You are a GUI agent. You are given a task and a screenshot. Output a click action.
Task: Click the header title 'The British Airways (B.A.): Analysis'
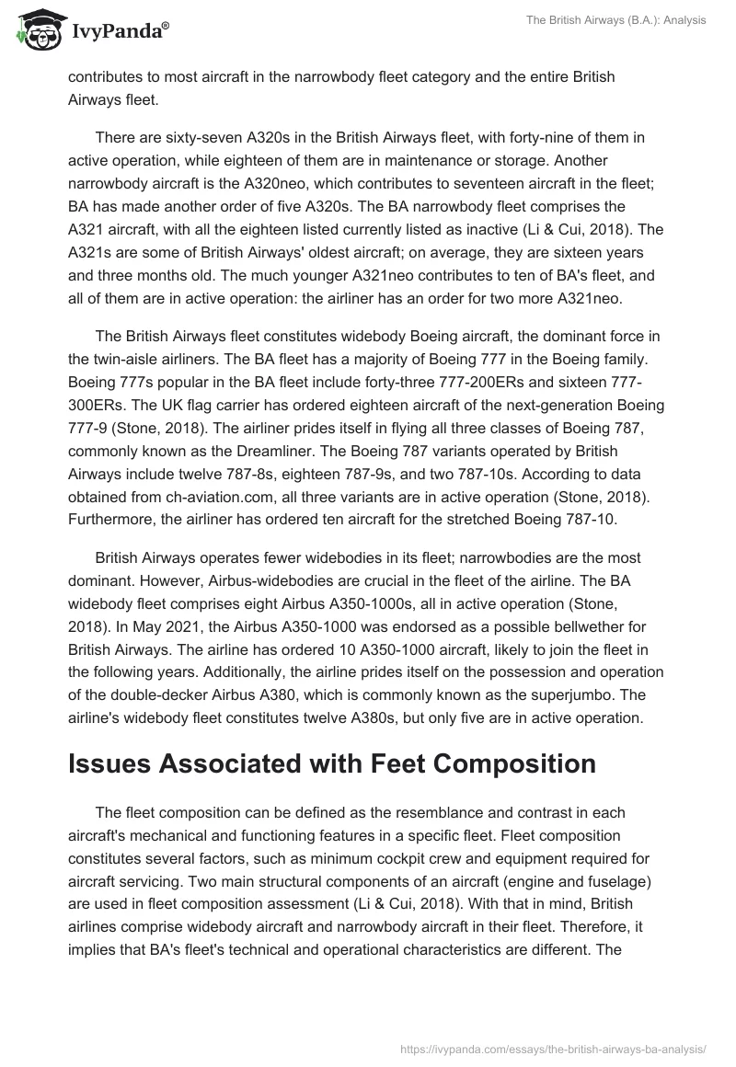pyautogui.click(x=608, y=20)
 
